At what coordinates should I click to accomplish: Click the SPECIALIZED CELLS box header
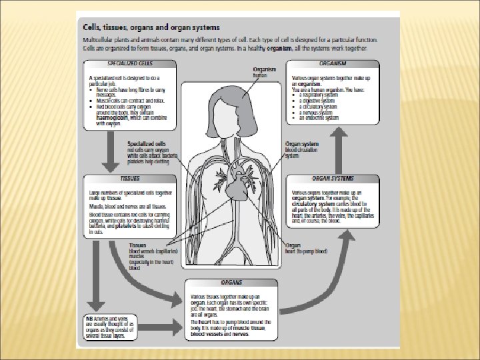pyautogui.click(x=130, y=63)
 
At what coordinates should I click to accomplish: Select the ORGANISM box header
pyautogui.click(x=333, y=63)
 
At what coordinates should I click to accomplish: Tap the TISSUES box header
pyautogui.click(x=130, y=179)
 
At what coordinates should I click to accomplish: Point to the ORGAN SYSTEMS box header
pyautogui.click(x=333, y=179)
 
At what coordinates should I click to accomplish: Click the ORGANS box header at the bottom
pyautogui.click(x=231, y=282)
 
